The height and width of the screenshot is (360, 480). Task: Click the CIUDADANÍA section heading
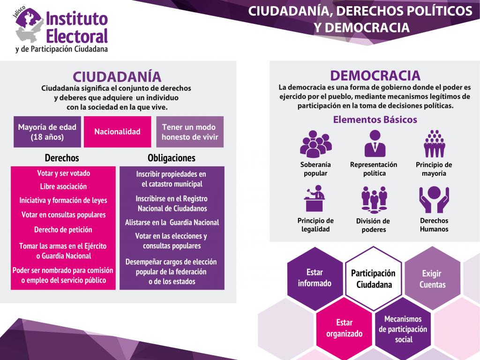(117, 76)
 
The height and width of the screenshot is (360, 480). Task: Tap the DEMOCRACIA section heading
(375, 75)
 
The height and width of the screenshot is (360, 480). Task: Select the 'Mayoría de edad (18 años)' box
(47, 132)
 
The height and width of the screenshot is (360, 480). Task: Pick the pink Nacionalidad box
(118, 132)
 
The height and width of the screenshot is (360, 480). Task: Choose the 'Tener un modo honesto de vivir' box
(190, 132)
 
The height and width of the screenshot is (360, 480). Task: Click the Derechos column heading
(62, 157)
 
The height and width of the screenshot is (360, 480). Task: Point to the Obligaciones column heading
(172, 157)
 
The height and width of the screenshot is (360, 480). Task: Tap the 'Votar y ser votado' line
(63, 173)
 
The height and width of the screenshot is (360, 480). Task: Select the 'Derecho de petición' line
(63, 230)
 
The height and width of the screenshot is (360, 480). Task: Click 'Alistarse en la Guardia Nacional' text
(172, 222)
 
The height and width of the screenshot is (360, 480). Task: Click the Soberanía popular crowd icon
(315, 144)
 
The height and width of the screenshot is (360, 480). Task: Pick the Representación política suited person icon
(375, 143)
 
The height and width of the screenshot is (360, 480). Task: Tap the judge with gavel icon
(315, 198)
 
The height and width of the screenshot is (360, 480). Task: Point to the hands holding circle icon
(434, 199)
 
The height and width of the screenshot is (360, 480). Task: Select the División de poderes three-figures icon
(374, 200)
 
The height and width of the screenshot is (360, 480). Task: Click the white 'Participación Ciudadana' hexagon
(373, 278)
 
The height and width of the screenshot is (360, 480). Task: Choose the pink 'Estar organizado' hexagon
(344, 328)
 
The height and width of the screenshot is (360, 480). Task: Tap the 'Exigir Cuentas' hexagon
(432, 278)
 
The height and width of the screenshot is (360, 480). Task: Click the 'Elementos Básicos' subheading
(375, 120)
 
